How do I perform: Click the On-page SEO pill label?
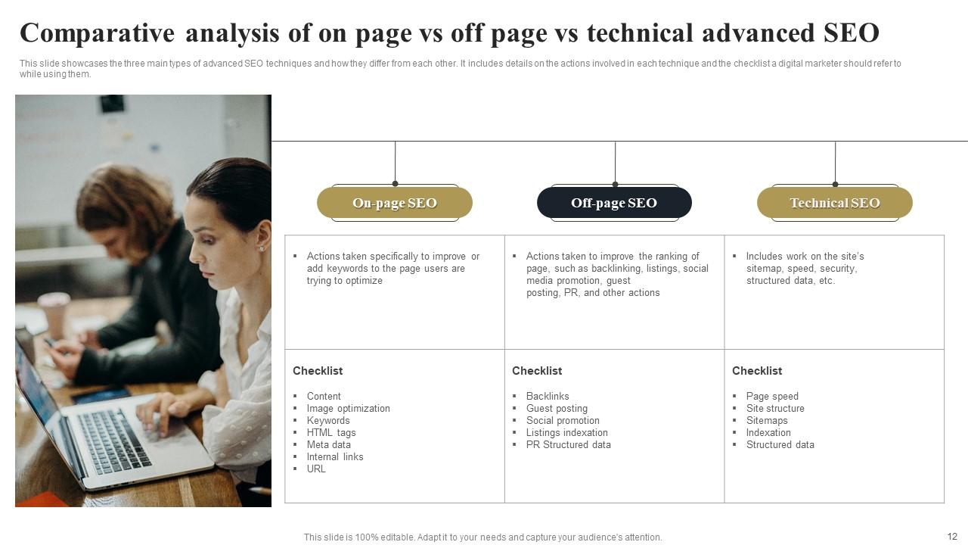click(394, 203)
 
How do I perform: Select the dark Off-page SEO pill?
click(614, 203)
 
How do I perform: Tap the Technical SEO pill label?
click(834, 203)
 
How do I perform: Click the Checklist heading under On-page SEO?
click(318, 371)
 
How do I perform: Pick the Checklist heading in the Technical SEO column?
click(757, 371)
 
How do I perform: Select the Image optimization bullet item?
click(348, 409)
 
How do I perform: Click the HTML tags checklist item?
click(331, 433)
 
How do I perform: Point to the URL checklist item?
click(316, 469)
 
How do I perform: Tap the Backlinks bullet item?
click(548, 397)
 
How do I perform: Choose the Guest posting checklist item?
click(557, 409)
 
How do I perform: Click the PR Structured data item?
click(568, 445)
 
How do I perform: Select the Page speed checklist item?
click(772, 397)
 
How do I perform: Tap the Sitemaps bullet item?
click(767, 421)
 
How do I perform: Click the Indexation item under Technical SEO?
click(768, 433)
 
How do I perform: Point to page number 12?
click(951, 537)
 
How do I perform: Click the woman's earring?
click(261, 248)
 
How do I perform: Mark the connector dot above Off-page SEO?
click(615, 184)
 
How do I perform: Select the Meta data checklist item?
click(328, 445)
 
